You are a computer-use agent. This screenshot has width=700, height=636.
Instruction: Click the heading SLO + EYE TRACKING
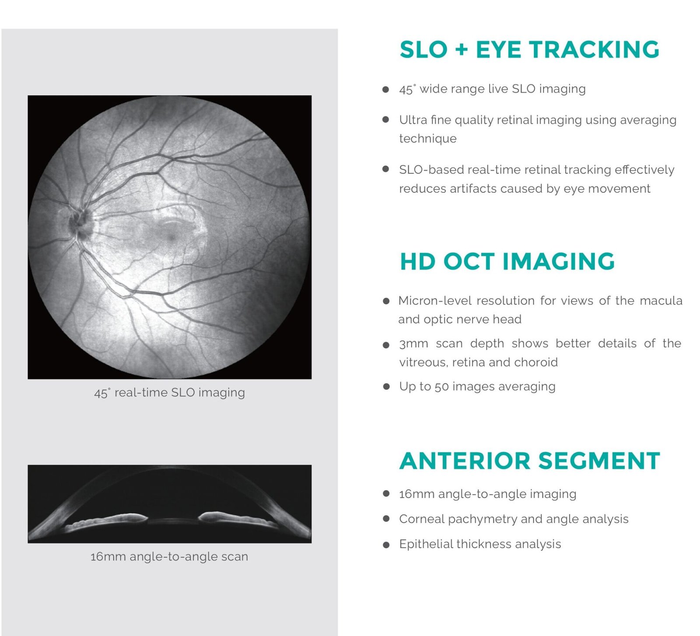coord(529,49)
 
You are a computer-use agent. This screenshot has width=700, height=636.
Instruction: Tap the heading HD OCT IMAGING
coord(507,262)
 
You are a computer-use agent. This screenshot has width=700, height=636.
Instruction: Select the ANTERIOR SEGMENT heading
coord(529,461)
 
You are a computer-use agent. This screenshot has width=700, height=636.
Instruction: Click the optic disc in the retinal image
coord(79,221)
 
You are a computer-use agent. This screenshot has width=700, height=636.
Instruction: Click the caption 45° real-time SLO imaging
coord(169,393)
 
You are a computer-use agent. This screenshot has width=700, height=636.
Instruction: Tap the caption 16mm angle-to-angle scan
coord(169,556)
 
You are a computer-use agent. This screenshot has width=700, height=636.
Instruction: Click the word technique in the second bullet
coord(428,139)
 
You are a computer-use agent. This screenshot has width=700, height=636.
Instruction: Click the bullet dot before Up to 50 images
coord(386,387)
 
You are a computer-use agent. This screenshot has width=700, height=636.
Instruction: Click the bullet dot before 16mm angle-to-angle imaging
coord(386,494)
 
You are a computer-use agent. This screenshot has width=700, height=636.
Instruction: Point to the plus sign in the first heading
coord(462,49)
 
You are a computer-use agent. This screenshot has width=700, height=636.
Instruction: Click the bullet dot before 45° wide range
coord(386,89)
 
